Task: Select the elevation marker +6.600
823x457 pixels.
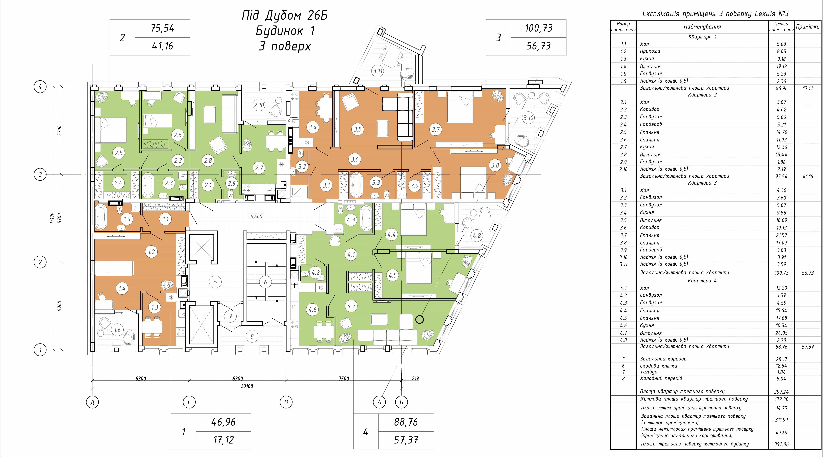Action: (x=255, y=216)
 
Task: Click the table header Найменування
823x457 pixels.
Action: (x=702, y=27)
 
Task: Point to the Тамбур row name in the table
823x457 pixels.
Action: (x=649, y=372)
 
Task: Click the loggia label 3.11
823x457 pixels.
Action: (x=378, y=71)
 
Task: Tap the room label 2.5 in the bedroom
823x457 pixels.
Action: (x=119, y=153)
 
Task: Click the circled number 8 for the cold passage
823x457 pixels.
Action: (x=252, y=336)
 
